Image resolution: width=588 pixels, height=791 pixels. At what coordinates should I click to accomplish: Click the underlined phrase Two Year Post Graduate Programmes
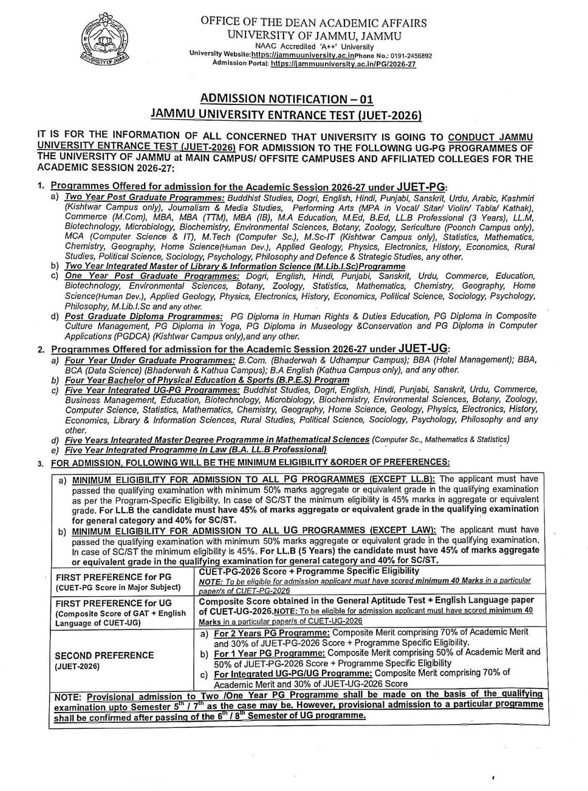145,198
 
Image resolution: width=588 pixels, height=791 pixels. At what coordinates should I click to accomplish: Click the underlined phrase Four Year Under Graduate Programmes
150,360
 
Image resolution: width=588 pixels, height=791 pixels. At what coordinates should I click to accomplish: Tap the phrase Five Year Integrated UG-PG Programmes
152,390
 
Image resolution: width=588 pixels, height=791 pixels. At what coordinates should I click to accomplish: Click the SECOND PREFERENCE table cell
104,655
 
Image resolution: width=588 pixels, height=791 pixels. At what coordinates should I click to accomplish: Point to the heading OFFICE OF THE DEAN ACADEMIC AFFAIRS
313,23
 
